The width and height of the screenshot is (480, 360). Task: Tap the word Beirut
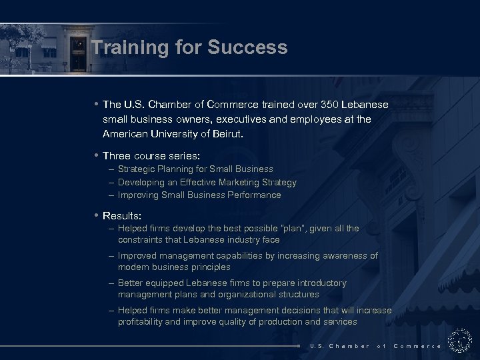(226, 133)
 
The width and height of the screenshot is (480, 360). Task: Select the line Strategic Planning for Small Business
(195, 169)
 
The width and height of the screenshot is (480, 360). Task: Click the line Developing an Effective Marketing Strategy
(207, 182)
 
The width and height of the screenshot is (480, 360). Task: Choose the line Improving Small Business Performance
(199, 195)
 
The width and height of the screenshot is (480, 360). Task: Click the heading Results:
(122, 216)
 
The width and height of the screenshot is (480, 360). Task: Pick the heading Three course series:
(151, 155)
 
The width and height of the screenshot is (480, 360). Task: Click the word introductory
(319, 283)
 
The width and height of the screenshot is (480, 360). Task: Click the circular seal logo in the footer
(459, 340)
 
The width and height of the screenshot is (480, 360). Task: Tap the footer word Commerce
(417, 346)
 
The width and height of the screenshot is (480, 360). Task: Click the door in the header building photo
(79, 57)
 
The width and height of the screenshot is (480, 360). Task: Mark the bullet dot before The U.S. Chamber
(97, 104)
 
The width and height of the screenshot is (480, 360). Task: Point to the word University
(171, 133)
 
